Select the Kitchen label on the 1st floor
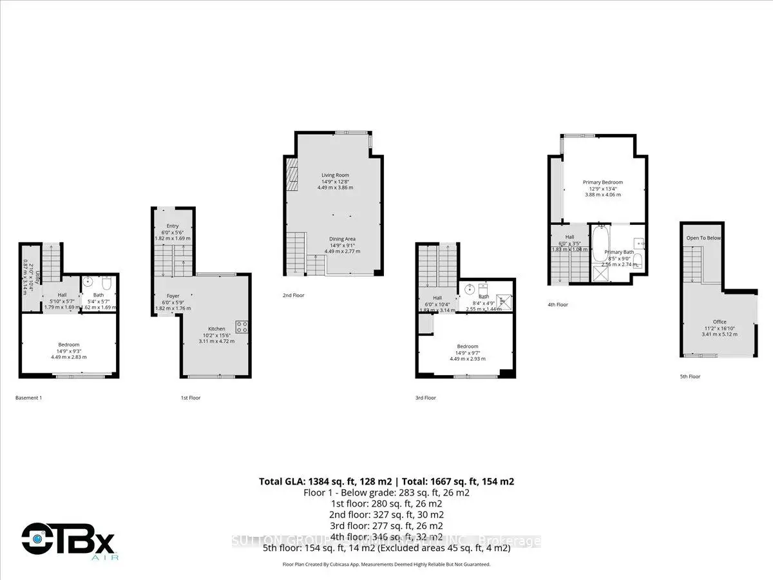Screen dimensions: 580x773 216,329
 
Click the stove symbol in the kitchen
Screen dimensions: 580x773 242,327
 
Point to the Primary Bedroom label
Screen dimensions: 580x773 603,182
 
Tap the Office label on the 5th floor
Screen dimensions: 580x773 720,322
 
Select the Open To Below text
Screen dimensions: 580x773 703,238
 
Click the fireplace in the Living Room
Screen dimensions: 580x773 292,175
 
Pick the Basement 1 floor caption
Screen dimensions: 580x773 28,398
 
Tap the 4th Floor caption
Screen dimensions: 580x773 558,304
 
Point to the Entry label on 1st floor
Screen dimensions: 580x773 173,226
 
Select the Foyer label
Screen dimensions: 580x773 173,296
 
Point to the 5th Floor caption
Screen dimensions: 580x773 689,376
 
